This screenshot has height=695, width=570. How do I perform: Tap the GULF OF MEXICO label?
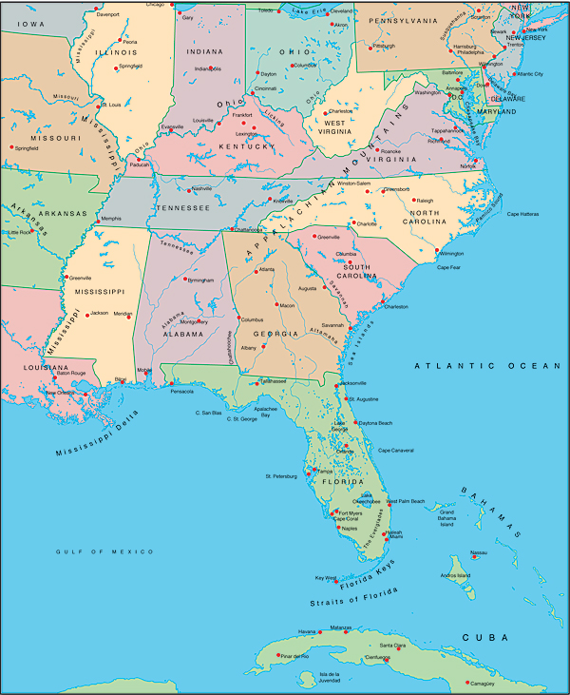pyautogui.click(x=104, y=551)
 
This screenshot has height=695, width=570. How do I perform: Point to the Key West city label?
pyautogui.click(x=325, y=577)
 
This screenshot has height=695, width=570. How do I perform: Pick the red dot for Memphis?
pyautogui.click(x=97, y=222)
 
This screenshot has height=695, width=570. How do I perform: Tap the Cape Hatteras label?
pyautogui.click(x=523, y=214)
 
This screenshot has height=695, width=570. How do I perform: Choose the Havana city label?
pyautogui.click(x=307, y=631)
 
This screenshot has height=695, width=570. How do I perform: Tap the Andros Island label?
pyautogui.click(x=454, y=575)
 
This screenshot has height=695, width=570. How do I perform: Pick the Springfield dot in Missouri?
pyautogui.click(x=11, y=147)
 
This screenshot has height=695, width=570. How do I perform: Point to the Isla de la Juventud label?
pyautogui.click(x=314, y=678)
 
